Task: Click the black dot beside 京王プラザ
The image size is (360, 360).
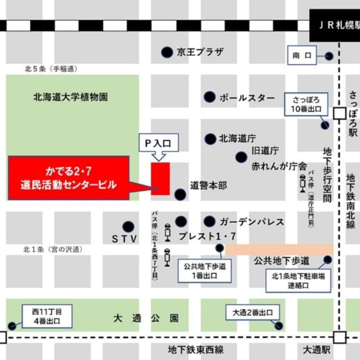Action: click(167, 52)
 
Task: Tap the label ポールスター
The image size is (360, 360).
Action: click(247, 98)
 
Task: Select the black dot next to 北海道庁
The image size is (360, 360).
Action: click(210, 139)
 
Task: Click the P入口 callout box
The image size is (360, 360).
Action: click(159, 143)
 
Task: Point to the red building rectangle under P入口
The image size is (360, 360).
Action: click(160, 178)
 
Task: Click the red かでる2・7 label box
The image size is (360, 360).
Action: click(69, 178)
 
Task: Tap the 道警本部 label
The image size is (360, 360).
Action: click(209, 185)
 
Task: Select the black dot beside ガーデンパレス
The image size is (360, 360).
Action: click(210, 222)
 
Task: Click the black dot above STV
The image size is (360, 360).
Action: click(128, 227)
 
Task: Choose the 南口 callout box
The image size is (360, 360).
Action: click(302, 55)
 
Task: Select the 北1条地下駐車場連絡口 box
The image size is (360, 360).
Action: click(298, 281)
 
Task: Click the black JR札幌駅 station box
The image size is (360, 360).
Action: click(335, 25)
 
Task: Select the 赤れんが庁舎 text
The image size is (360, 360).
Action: click(279, 166)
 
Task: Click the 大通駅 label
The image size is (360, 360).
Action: click(318, 348)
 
